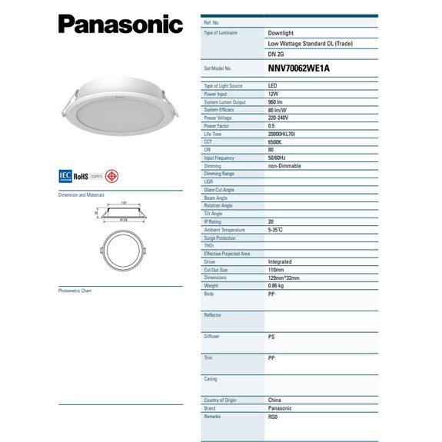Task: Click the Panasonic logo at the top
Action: click(x=121, y=24)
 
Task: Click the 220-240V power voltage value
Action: click(x=278, y=117)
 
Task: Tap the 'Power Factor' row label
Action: click(x=218, y=125)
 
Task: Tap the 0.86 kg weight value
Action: click(x=275, y=285)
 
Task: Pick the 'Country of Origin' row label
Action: click(x=222, y=400)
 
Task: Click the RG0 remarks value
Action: click(x=273, y=415)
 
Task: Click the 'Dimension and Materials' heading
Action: click(x=81, y=195)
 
